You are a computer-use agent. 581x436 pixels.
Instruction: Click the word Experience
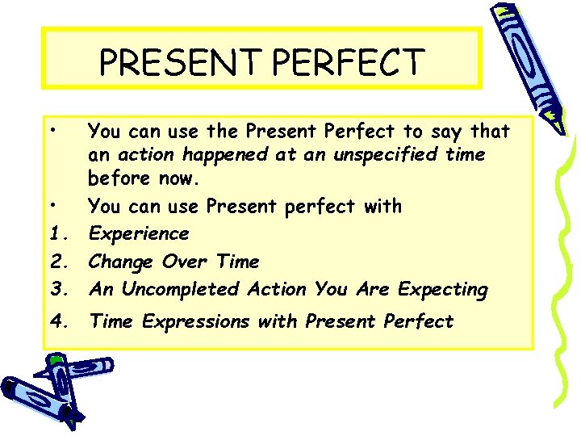coord(138,234)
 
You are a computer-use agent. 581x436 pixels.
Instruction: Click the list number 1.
coord(56,234)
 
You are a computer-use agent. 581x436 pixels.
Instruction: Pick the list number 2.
coord(56,262)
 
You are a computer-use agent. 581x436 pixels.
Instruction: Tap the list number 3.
coord(56,289)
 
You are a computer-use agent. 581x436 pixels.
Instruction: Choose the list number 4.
coord(56,321)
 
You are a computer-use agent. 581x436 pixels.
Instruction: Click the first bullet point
coord(51,130)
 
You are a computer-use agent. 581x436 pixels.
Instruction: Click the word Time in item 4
coord(112,321)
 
